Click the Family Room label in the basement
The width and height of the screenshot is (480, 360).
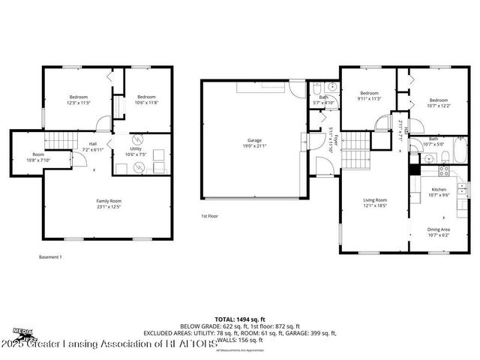(x=109, y=201)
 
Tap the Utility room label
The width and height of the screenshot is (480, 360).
(x=136, y=149)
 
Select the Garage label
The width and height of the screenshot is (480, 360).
(x=255, y=140)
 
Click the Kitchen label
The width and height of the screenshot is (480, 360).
(x=439, y=190)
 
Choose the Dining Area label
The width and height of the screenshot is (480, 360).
(x=439, y=229)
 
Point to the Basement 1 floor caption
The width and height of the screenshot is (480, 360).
(x=51, y=257)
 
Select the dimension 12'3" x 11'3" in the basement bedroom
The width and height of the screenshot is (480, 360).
(x=79, y=103)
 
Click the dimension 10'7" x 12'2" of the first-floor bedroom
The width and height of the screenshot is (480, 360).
(x=439, y=106)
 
